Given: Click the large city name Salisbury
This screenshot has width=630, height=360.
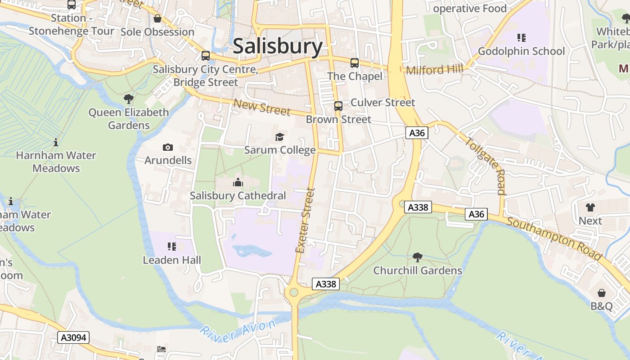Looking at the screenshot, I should click(278, 46).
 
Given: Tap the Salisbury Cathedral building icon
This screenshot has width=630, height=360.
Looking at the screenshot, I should click(238, 182).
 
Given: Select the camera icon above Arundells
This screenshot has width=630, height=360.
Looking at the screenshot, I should click(168, 147).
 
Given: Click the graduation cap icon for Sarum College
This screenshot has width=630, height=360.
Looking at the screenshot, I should click(280, 136).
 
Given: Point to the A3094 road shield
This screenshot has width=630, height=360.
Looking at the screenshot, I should click(73, 337).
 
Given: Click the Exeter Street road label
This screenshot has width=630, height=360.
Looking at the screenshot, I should click(305, 220).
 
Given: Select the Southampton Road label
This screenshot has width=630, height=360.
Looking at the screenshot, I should click(554, 238).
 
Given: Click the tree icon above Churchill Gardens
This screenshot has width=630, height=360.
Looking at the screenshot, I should click(418, 257).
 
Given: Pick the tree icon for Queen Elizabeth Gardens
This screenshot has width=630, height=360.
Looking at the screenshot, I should click(129, 99).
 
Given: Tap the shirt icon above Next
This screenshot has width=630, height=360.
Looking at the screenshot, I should click(590, 207).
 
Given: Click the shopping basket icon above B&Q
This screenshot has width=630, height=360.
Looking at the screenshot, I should click(602, 293).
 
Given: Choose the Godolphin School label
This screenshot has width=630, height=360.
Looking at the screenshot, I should click(521, 51).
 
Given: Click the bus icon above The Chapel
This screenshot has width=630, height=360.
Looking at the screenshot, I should click(355, 63).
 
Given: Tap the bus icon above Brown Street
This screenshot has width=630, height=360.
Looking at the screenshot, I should click(338, 106).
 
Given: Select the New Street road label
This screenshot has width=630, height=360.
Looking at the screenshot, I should click(262, 107).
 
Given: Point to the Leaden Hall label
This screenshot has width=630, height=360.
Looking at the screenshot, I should click(172, 260).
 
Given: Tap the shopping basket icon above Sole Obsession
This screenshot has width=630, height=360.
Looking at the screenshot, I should click(157, 18).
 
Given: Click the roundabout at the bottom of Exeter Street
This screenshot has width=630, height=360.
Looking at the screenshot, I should click(294, 292).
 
